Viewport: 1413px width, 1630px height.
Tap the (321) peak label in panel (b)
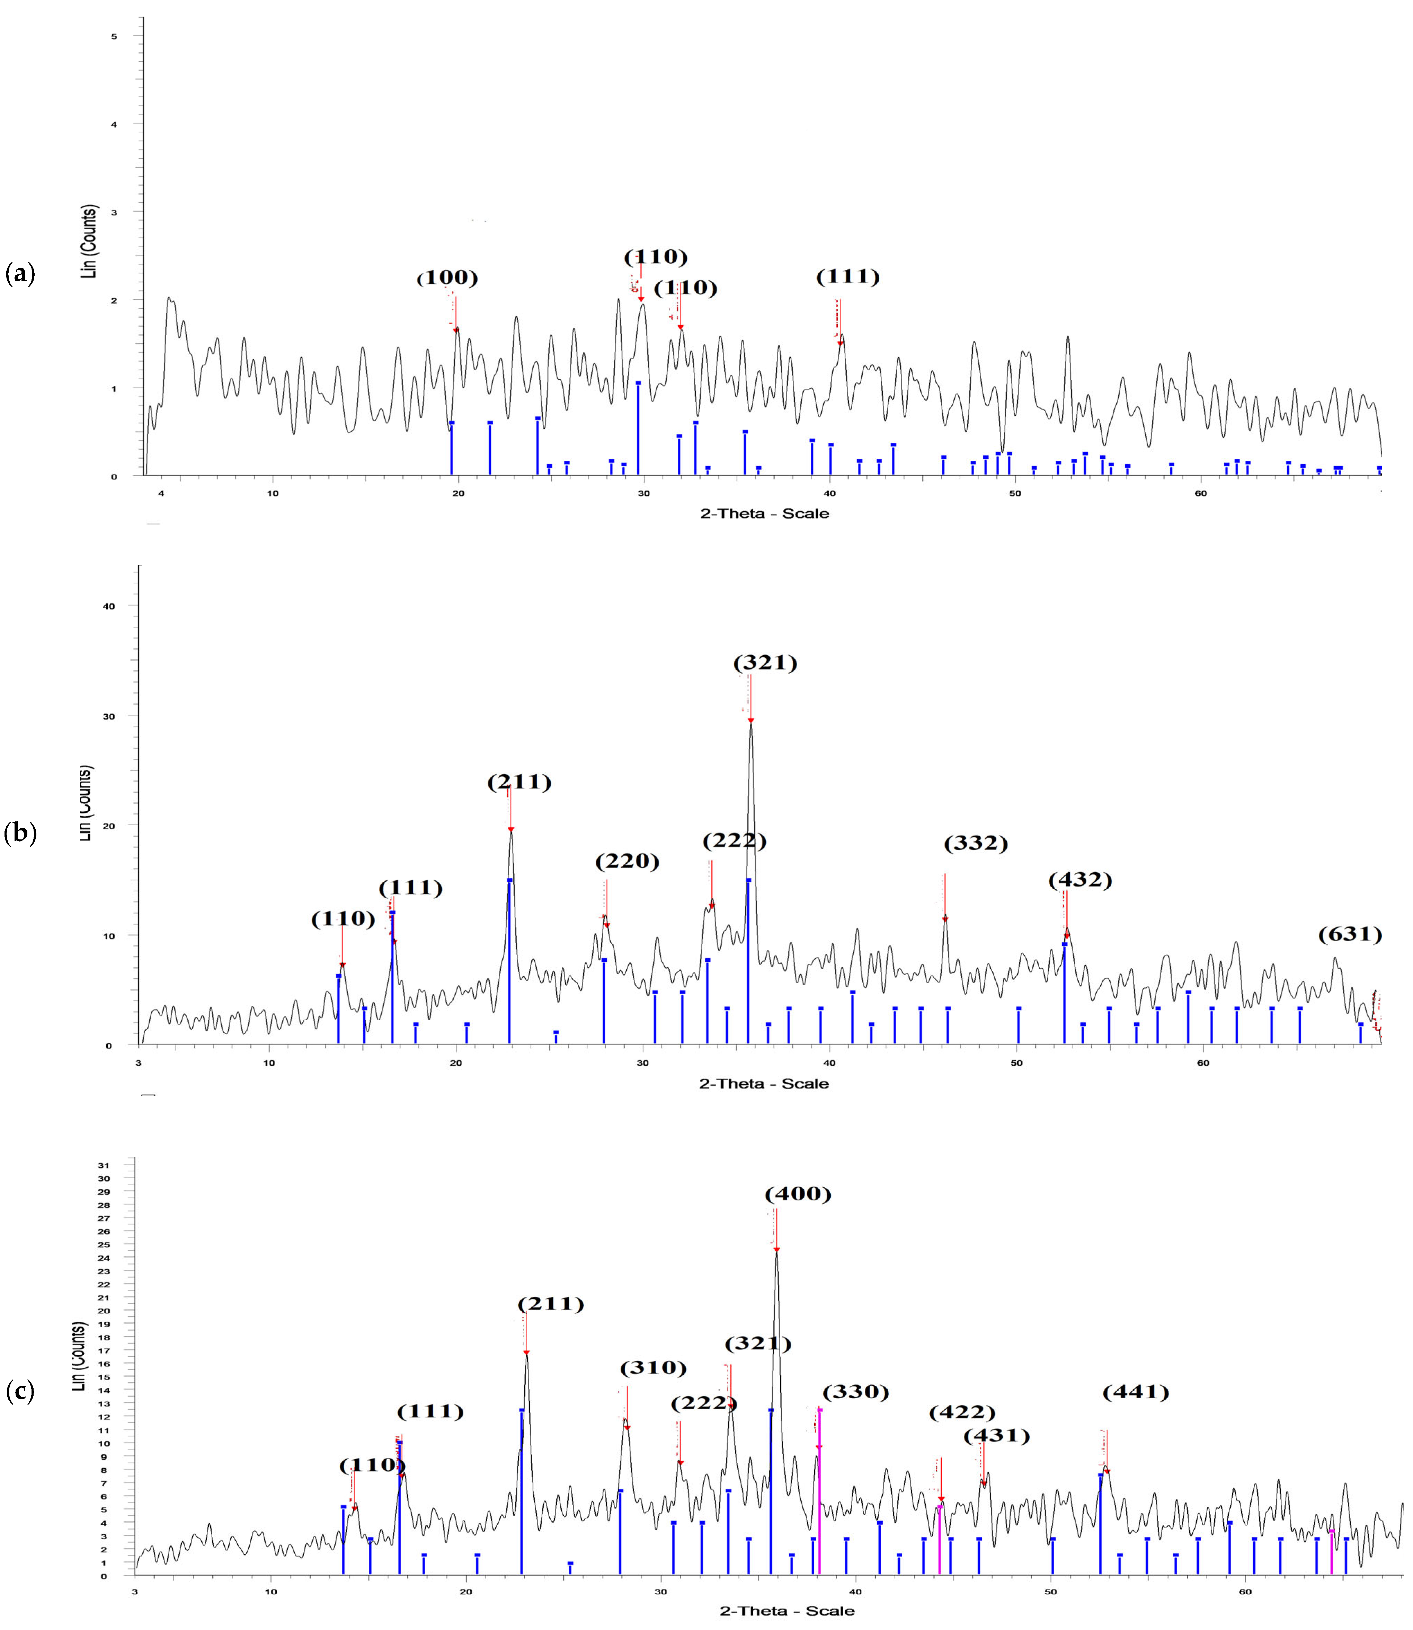(x=765, y=663)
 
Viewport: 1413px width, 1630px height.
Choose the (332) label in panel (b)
(x=975, y=844)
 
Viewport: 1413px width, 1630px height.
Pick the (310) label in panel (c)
(x=653, y=1367)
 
